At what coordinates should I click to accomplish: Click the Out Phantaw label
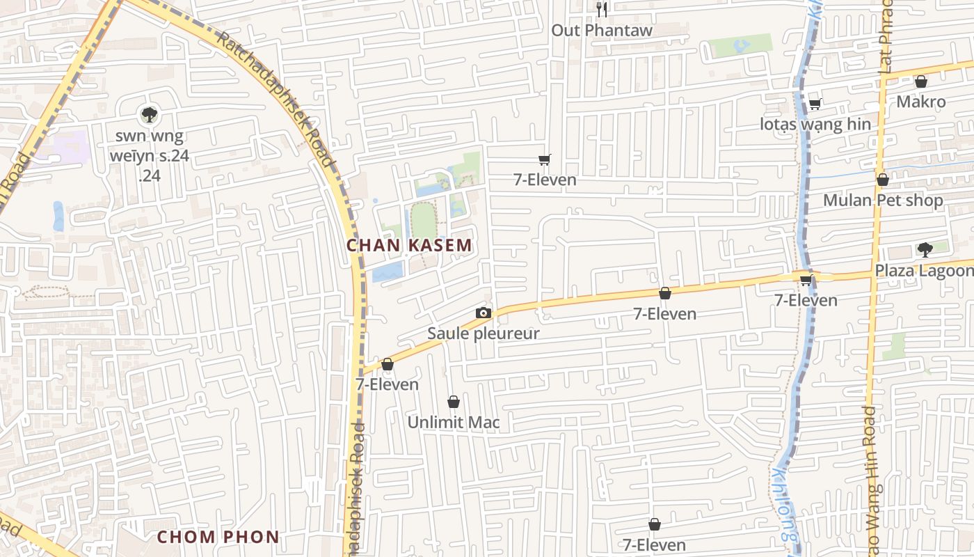pyautogui.click(x=602, y=30)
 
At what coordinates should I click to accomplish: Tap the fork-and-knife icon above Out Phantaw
pyautogui.click(x=602, y=9)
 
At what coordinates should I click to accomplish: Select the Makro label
pyautogui.click(x=920, y=102)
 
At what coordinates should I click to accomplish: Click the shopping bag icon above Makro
pyautogui.click(x=920, y=81)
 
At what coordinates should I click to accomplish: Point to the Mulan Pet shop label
pyautogui.click(x=883, y=201)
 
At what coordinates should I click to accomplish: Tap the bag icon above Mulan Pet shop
pyautogui.click(x=882, y=180)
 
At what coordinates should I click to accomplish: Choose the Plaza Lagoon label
pyautogui.click(x=924, y=270)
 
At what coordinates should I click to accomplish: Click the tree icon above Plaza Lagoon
pyautogui.click(x=925, y=249)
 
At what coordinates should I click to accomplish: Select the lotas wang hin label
pyautogui.click(x=815, y=125)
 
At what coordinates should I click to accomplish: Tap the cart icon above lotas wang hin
pyautogui.click(x=815, y=104)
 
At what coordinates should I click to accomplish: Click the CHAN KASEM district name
pyautogui.click(x=409, y=245)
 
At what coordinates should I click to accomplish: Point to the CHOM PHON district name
pyautogui.click(x=218, y=537)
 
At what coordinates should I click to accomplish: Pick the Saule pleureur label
pyautogui.click(x=483, y=334)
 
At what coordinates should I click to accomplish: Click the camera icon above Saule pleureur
pyautogui.click(x=483, y=313)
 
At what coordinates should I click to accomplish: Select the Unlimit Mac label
pyautogui.click(x=453, y=422)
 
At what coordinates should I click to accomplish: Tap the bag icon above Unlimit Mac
pyautogui.click(x=453, y=402)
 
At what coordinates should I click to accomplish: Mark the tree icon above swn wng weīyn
pyautogui.click(x=149, y=114)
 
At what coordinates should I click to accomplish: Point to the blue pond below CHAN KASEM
pyautogui.click(x=387, y=272)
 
